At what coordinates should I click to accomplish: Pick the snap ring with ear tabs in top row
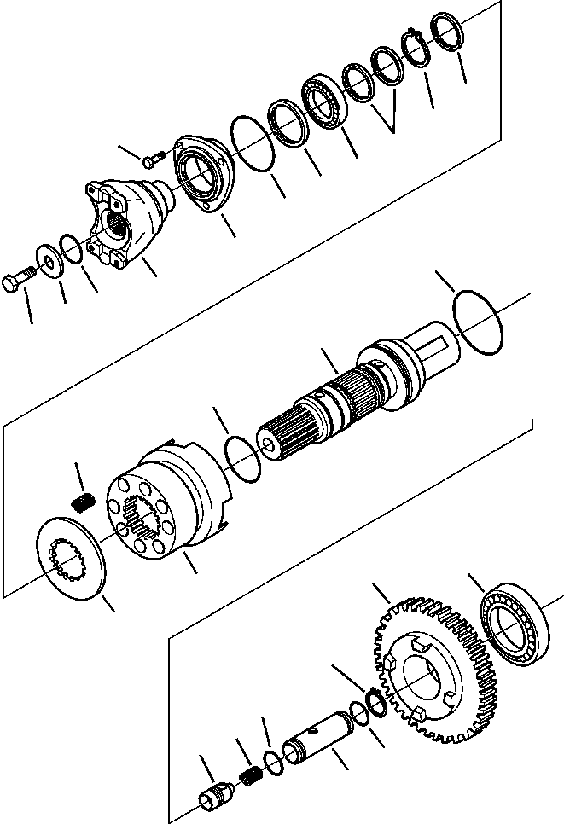click(x=416, y=50)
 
